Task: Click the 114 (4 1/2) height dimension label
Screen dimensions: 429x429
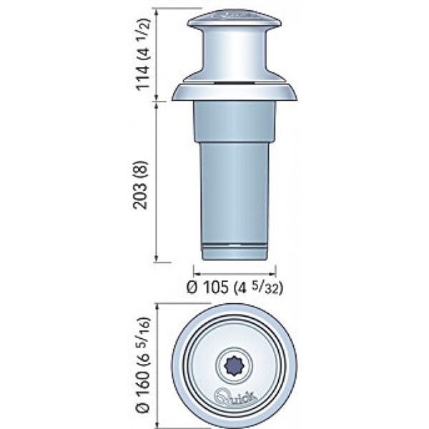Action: click(144, 54)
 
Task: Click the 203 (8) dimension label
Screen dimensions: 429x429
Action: click(140, 185)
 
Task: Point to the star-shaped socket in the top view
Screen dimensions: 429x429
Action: click(234, 365)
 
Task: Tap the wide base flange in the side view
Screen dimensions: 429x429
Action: click(235, 92)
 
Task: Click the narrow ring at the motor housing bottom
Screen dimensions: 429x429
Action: click(235, 251)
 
